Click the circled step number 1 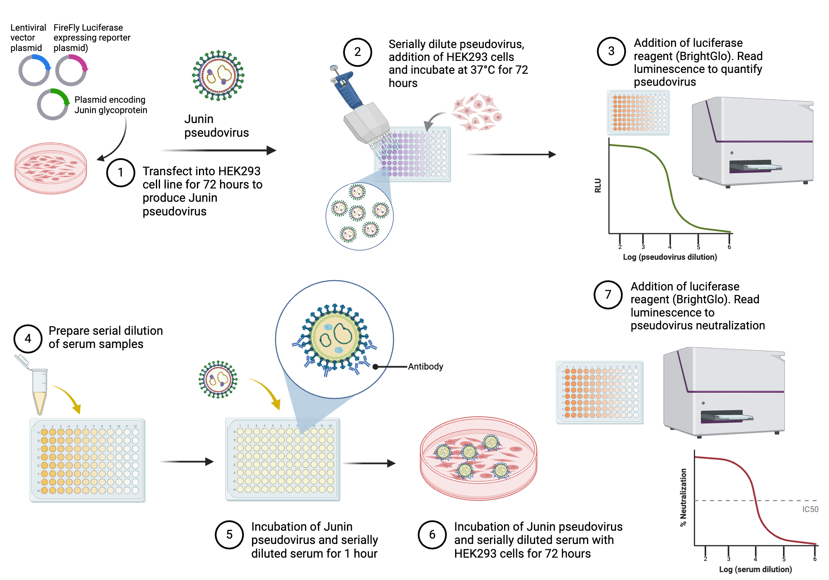(121, 172)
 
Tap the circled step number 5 (229, 534)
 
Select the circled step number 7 (608, 295)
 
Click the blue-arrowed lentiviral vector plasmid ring (34, 70)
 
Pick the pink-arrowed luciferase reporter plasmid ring (71, 70)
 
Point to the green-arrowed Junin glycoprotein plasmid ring (53, 104)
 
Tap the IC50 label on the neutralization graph (810, 509)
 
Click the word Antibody (425, 367)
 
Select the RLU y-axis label (598, 185)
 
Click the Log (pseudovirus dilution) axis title (670, 257)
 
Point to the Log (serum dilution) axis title (755, 569)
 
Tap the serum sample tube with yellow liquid (40, 391)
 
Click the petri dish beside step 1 (51, 168)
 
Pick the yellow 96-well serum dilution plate (87, 460)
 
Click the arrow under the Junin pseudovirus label (218, 150)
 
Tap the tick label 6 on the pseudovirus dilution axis (729, 247)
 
